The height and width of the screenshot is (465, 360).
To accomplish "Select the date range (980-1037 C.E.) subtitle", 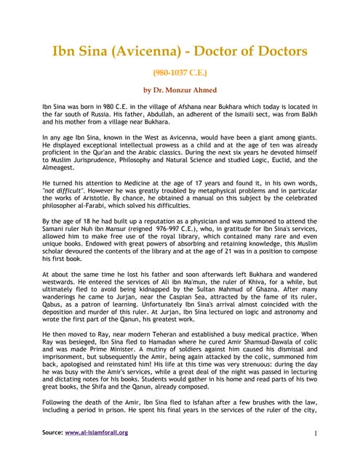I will point(180,73).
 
